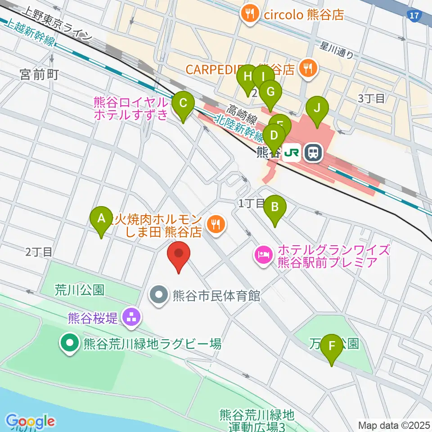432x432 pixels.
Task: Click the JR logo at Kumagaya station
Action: tap(292, 153)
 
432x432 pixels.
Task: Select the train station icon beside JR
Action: tap(312, 153)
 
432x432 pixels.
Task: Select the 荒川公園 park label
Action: tap(80, 289)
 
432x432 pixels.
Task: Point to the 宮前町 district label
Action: tap(40, 75)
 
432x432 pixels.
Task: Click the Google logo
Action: tap(31, 422)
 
